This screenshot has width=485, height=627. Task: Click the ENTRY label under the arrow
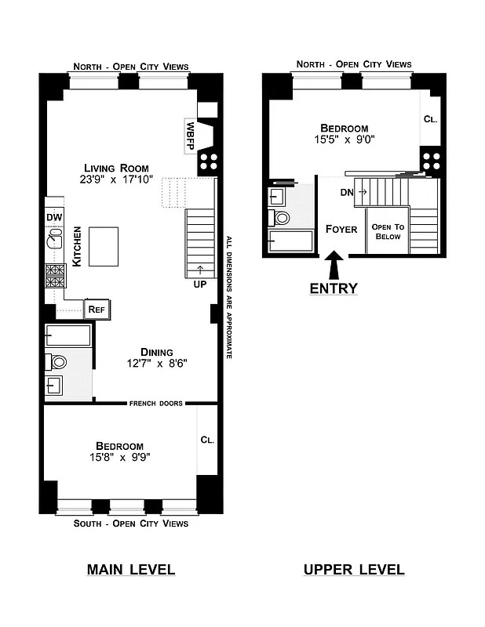[x=334, y=288]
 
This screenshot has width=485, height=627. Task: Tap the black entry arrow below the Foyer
[x=334, y=265]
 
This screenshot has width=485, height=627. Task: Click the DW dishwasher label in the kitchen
[x=53, y=217]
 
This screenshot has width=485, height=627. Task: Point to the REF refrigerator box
[x=97, y=310]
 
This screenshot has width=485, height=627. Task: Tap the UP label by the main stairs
[x=199, y=284]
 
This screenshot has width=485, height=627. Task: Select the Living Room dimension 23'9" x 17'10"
[x=115, y=179]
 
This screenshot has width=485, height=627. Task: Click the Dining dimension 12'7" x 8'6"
[x=156, y=364]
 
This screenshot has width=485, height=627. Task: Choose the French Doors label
[x=156, y=404]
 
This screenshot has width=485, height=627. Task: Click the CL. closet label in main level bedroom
[x=207, y=440]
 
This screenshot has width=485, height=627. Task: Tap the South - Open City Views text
[x=130, y=523]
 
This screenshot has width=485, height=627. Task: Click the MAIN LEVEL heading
[x=130, y=570]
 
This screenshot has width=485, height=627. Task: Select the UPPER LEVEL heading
[x=354, y=570]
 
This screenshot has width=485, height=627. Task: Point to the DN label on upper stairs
[x=346, y=191]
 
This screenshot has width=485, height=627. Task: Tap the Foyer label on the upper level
[x=341, y=230]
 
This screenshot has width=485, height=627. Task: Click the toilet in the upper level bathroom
[x=281, y=217]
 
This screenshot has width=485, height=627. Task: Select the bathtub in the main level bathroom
[x=69, y=337]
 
